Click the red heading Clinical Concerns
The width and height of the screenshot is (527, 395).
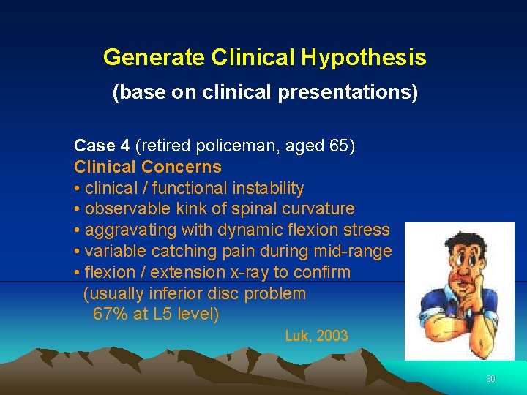(x=147, y=167)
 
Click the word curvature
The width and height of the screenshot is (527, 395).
(x=318, y=209)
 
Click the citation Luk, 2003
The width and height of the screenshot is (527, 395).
(x=316, y=336)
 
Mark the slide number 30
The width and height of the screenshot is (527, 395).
(x=490, y=379)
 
